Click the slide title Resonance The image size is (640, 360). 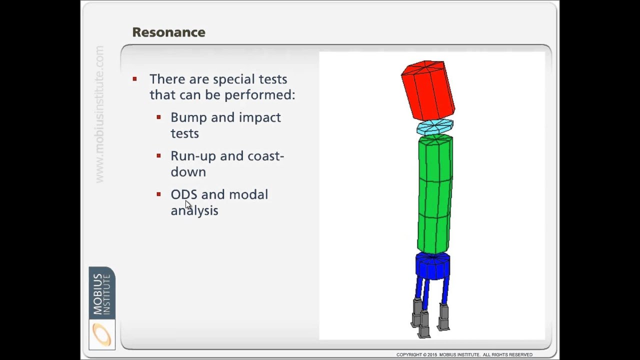coord(168,32)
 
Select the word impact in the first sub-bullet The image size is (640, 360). coord(259,118)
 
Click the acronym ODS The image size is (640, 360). coord(184,194)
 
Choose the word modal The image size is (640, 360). coord(248,194)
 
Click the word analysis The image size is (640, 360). coord(194,210)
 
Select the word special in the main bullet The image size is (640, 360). coord(234,79)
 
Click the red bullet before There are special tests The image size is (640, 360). coord(134,79)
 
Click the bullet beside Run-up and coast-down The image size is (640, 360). coord(158,156)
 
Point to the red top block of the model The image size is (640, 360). coord(427,90)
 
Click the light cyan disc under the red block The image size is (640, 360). coord(435,127)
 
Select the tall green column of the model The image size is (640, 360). coord(434,195)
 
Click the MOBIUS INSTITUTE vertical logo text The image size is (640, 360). coord(101,293)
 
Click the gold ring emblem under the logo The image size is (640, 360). coord(102,334)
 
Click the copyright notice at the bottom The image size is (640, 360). coord(464,354)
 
